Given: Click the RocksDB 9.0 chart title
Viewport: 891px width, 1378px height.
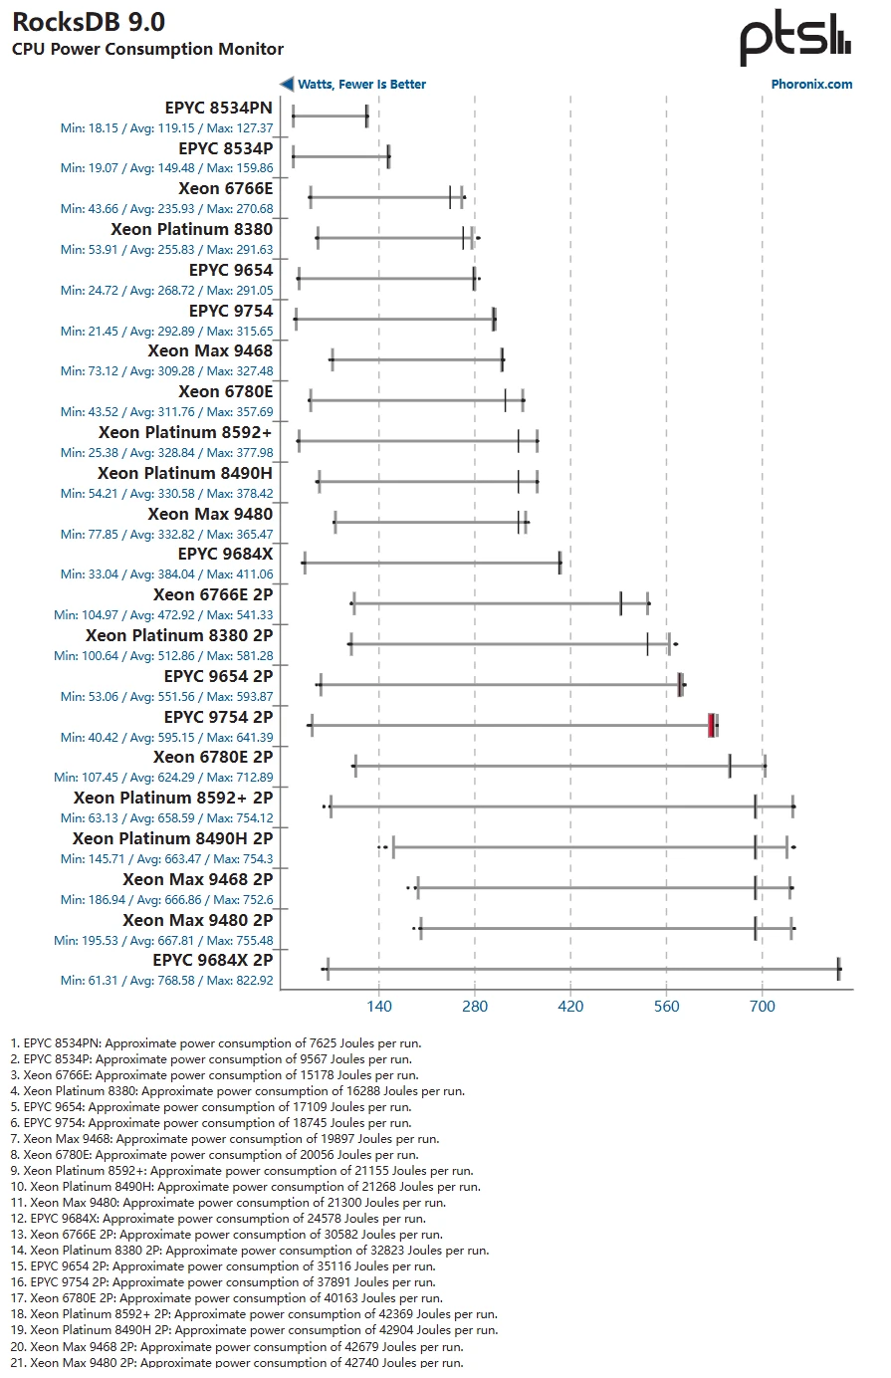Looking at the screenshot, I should point(89,22).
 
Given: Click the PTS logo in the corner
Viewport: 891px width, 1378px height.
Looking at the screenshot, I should point(794,39).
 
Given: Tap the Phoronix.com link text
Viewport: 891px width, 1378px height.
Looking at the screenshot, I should point(811,85).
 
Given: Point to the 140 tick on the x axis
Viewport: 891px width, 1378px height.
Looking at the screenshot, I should point(378,1007).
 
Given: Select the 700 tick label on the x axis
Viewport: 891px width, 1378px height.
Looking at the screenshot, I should point(762,1007).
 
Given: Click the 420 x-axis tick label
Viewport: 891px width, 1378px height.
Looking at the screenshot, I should point(570,1007).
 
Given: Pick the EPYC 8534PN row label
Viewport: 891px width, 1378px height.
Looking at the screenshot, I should point(218,108).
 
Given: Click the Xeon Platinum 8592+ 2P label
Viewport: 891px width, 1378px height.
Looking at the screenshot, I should point(172,798).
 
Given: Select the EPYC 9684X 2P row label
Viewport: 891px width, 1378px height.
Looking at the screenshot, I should point(212,960).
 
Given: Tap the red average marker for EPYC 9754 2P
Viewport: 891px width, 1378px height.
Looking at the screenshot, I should point(711,725).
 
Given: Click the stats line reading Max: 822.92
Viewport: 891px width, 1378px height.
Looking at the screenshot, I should point(166,981).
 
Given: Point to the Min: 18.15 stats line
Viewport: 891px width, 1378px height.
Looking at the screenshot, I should point(166,128).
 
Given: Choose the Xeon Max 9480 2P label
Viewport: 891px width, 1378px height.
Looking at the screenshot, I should point(197,920).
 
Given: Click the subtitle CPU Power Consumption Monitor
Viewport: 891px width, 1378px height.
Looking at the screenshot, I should point(147,49).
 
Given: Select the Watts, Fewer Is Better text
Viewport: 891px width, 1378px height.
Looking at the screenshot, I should point(361,85).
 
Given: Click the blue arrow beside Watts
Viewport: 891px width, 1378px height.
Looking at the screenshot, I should point(287,85).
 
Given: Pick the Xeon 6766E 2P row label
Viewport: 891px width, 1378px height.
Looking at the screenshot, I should point(212,594).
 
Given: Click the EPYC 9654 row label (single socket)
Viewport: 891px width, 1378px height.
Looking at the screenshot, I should point(230,270).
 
